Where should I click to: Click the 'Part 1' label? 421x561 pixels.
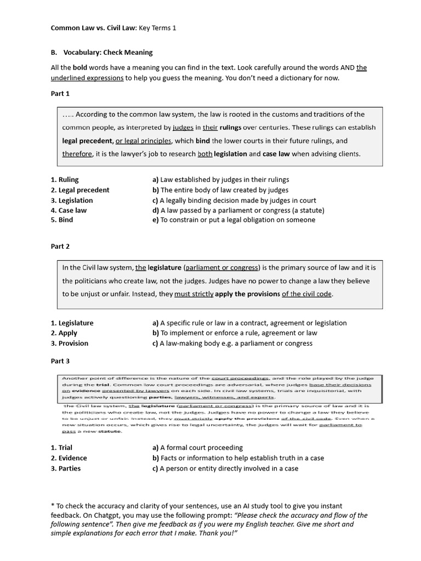[60, 93]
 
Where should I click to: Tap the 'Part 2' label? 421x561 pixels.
[60, 247]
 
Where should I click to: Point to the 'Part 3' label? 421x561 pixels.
[60, 361]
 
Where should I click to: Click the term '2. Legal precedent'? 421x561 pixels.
[80, 190]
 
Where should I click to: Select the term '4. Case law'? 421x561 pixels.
[69, 210]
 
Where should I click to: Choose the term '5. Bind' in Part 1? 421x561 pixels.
[62, 220]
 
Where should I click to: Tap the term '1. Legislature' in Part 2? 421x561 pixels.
[72, 323]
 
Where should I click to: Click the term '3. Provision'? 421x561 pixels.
[69, 343]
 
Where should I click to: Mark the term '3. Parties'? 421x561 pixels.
[65, 468]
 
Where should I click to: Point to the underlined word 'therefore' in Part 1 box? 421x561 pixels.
[77, 154]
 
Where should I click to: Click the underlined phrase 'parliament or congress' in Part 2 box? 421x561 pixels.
[221, 268]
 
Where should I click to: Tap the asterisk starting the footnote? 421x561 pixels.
[52, 506]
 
